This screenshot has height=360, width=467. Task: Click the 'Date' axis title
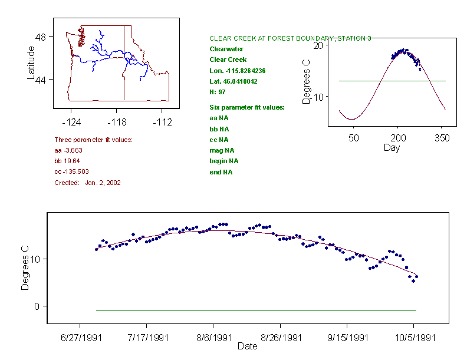tap(247, 346)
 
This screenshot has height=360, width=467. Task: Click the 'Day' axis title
tap(392, 147)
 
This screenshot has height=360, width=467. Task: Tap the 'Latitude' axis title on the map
tap(31, 63)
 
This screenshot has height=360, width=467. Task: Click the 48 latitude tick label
tap(41, 37)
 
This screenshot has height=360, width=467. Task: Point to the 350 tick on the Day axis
tap(442, 138)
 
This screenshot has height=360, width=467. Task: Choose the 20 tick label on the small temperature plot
tap(317, 45)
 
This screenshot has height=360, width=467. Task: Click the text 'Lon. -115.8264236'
tap(238, 71)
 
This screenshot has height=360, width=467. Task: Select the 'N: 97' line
tap(218, 92)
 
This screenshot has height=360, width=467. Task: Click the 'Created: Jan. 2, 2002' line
tap(87, 183)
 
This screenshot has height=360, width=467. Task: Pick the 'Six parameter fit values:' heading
tap(247, 107)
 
